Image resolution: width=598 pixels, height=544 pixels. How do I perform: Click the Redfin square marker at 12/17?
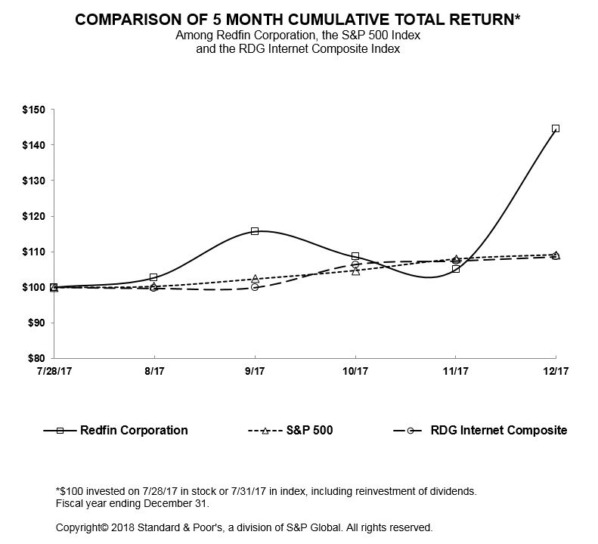click(556, 128)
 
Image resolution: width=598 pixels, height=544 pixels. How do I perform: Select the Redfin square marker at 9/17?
click(255, 231)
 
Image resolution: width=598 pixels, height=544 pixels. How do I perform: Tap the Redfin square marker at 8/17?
click(154, 277)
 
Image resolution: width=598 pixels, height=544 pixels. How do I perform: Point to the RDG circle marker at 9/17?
click(255, 287)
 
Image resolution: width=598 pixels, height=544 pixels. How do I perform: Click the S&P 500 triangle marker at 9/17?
click(255, 279)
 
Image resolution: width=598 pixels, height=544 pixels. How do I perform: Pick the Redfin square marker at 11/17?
click(456, 269)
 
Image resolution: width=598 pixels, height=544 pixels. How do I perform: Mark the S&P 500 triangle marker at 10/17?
click(355, 270)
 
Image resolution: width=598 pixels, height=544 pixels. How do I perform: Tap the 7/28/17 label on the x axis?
click(54, 372)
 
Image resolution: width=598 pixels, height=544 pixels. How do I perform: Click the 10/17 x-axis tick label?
click(355, 372)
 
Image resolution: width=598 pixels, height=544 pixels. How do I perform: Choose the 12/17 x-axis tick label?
click(556, 372)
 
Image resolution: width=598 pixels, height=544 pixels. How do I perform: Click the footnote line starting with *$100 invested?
click(266, 491)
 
